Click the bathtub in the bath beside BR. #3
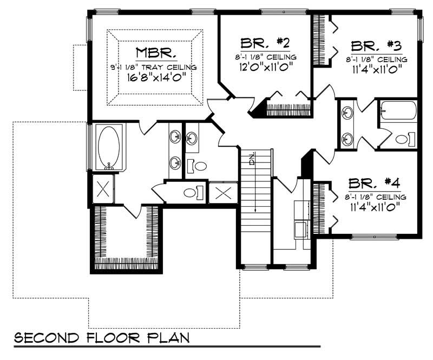coord(398,112)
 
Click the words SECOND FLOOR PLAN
coord(102,338)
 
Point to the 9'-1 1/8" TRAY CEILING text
coord(154,67)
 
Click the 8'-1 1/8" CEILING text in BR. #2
coord(266,56)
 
